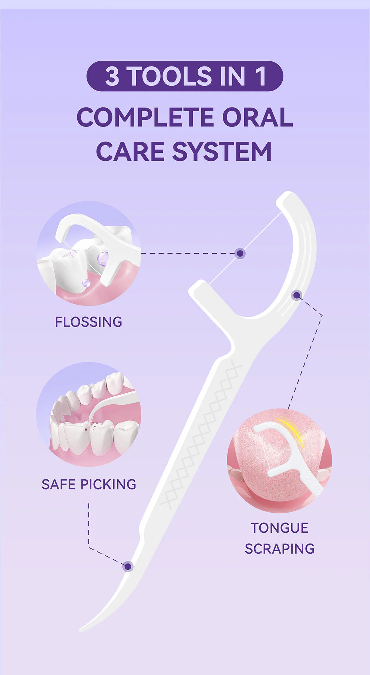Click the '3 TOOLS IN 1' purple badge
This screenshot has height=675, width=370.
click(x=185, y=76)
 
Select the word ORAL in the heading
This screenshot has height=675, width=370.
click(x=258, y=118)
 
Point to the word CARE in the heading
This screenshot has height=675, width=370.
click(x=130, y=152)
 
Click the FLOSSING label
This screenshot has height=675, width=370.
click(x=88, y=322)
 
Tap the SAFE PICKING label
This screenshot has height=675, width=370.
click(x=89, y=484)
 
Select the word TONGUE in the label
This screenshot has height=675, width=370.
click(x=279, y=528)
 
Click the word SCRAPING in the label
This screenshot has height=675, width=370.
click(x=279, y=549)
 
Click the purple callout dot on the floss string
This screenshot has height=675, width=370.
click(x=240, y=253)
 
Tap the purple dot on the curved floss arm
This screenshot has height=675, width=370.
click(x=296, y=295)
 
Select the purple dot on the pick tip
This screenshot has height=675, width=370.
click(x=128, y=566)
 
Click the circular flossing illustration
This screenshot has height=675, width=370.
click(x=88, y=253)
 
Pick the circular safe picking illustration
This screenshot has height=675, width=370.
click(x=88, y=414)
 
